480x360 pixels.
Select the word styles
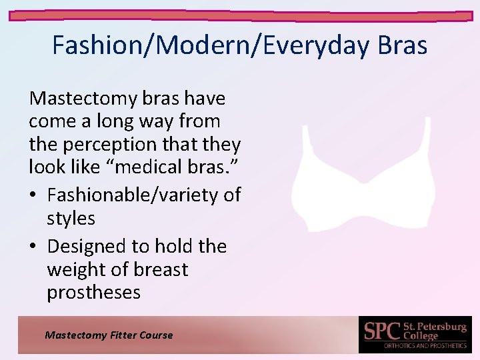click(71, 219)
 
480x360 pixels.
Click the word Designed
click(87, 247)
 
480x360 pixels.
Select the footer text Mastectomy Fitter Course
click(109, 335)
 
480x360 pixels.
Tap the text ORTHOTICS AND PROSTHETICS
click(425, 346)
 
